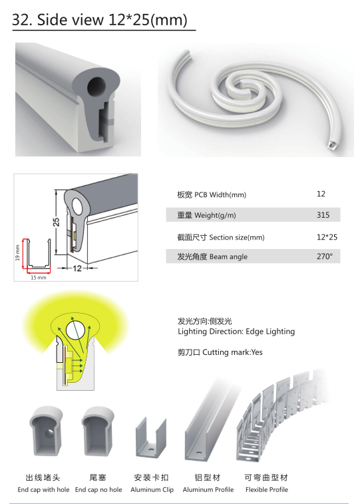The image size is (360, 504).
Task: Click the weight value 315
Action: point(323,214)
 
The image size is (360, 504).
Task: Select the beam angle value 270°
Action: point(324,256)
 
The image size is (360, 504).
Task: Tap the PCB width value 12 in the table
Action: point(321,194)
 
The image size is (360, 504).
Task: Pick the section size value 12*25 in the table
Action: point(327,237)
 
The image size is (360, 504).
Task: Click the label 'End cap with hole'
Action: point(43,489)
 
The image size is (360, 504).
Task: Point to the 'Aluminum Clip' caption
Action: point(152,489)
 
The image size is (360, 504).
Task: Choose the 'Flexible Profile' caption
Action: point(267,489)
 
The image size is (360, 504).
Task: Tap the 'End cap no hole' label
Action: point(98,489)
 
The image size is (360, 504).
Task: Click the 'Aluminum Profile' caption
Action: point(208,489)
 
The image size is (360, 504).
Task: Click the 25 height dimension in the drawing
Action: point(56,222)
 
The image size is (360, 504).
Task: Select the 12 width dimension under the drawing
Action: point(77,268)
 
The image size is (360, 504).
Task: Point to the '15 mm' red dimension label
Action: point(38,278)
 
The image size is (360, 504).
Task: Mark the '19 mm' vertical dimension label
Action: point(17,252)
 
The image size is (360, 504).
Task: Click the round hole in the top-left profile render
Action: point(96,86)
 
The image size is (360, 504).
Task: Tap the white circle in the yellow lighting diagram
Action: point(75,330)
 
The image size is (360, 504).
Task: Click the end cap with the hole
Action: point(46,431)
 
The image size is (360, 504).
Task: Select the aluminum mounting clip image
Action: point(151,437)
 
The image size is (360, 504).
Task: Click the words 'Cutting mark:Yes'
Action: point(232,352)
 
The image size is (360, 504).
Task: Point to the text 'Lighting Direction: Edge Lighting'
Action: point(236,332)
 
